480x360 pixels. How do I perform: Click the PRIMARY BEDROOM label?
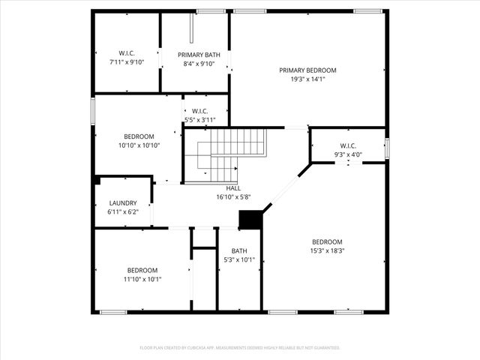point(307,70)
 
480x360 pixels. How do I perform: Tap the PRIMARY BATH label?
point(195,55)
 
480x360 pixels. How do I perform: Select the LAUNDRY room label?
point(123,202)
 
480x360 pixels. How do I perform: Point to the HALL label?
point(233,188)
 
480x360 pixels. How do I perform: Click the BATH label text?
point(239,251)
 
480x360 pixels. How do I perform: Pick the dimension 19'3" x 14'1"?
point(307,79)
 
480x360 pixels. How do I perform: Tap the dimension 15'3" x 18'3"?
point(328,251)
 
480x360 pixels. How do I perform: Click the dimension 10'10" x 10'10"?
point(139,145)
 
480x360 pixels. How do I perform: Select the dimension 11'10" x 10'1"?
point(142,279)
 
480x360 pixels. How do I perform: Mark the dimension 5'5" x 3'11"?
point(200,120)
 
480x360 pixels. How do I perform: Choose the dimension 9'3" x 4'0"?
point(348,154)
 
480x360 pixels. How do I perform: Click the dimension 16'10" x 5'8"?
point(233,197)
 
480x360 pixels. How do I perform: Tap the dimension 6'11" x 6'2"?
point(123,212)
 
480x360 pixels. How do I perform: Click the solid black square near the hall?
point(249,219)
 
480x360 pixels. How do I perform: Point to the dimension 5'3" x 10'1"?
point(239,260)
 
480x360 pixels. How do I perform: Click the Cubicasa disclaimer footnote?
point(240,348)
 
